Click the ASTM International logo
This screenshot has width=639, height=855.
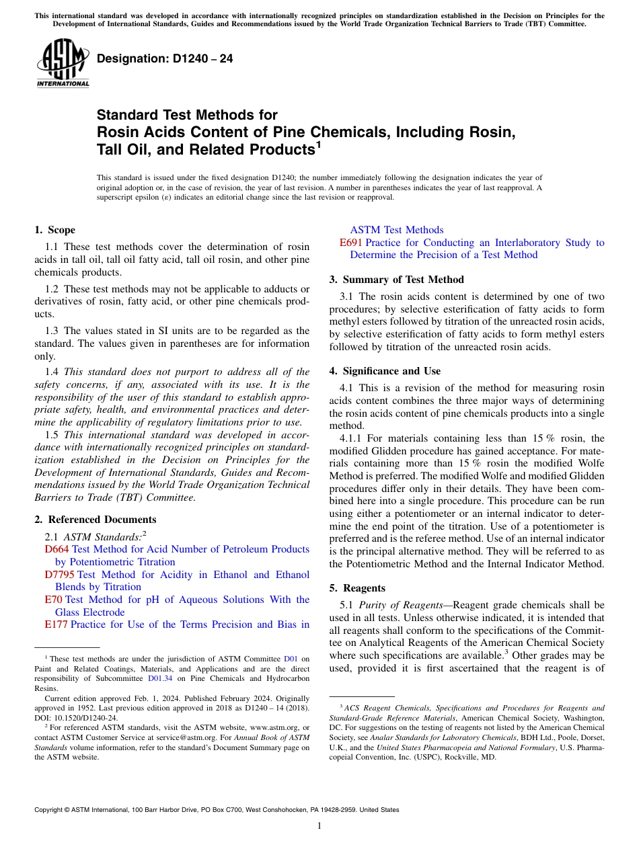tap(63, 64)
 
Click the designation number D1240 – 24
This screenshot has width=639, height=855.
tap(165, 58)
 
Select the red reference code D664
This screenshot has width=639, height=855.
tap(57, 549)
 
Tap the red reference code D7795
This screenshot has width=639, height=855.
tap(59, 575)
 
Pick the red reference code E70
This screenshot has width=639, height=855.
tap(53, 600)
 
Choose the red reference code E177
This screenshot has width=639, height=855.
tap(56, 624)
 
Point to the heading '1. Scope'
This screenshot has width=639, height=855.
tap(55, 230)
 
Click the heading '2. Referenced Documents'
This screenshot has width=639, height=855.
tap(96, 520)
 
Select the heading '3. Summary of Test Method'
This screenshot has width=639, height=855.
tap(396, 280)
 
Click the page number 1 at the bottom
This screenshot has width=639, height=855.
tap(319, 826)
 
